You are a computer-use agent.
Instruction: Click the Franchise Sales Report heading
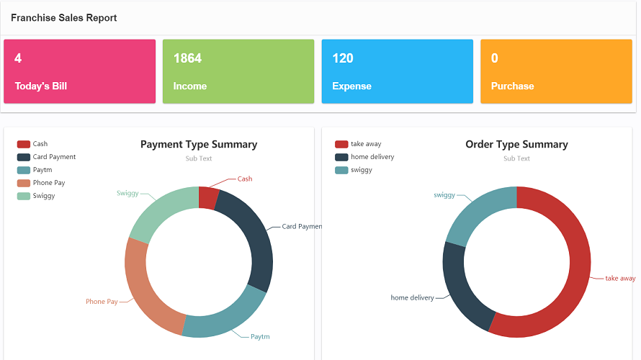point(63,18)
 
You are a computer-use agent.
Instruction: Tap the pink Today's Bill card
point(79,71)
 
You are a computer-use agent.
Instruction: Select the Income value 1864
point(187,58)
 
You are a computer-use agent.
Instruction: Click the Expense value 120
point(343,58)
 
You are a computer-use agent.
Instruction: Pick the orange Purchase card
point(556,71)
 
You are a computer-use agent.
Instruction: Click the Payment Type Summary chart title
point(199,145)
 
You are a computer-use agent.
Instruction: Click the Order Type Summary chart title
point(516,145)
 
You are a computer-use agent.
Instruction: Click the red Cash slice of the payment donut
point(207,198)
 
